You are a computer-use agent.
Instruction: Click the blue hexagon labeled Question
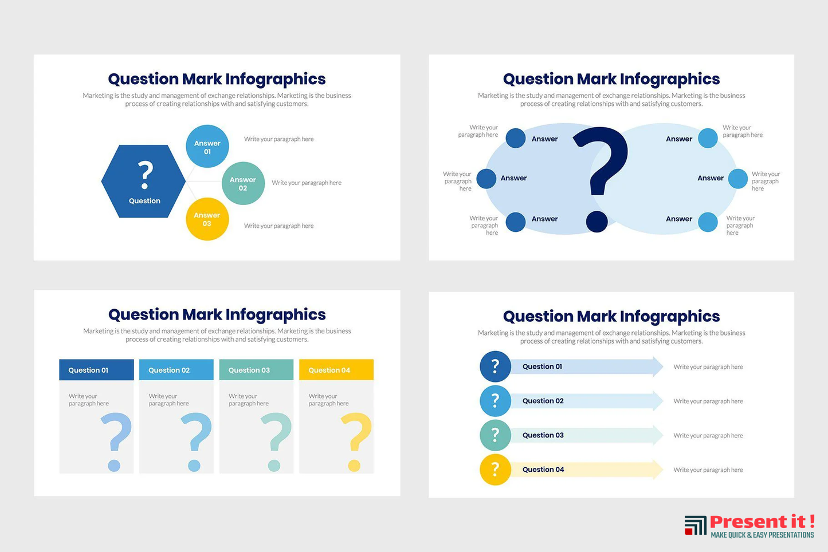tap(143, 181)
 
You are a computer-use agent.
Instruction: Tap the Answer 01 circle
tap(207, 147)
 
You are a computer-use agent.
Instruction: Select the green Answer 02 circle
tap(243, 183)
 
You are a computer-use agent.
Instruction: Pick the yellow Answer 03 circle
tap(207, 219)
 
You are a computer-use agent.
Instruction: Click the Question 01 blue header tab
tap(96, 370)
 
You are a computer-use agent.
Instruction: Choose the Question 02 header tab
tap(176, 370)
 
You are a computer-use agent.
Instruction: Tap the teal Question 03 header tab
tap(256, 370)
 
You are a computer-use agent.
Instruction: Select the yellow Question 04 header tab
tap(336, 370)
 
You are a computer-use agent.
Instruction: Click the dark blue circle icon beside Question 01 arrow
tap(495, 366)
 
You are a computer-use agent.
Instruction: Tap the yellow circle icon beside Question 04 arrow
tap(495, 470)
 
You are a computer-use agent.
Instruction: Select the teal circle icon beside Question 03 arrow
tap(495, 435)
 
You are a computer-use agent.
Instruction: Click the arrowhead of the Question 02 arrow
tap(658, 401)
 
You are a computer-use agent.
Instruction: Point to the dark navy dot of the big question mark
tap(597, 222)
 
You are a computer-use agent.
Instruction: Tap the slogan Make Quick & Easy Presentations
tap(762, 535)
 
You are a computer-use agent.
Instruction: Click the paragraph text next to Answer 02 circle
tap(307, 183)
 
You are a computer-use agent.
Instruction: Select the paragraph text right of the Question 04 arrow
tap(708, 470)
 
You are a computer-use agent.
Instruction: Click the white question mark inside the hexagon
tap(145, 175)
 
